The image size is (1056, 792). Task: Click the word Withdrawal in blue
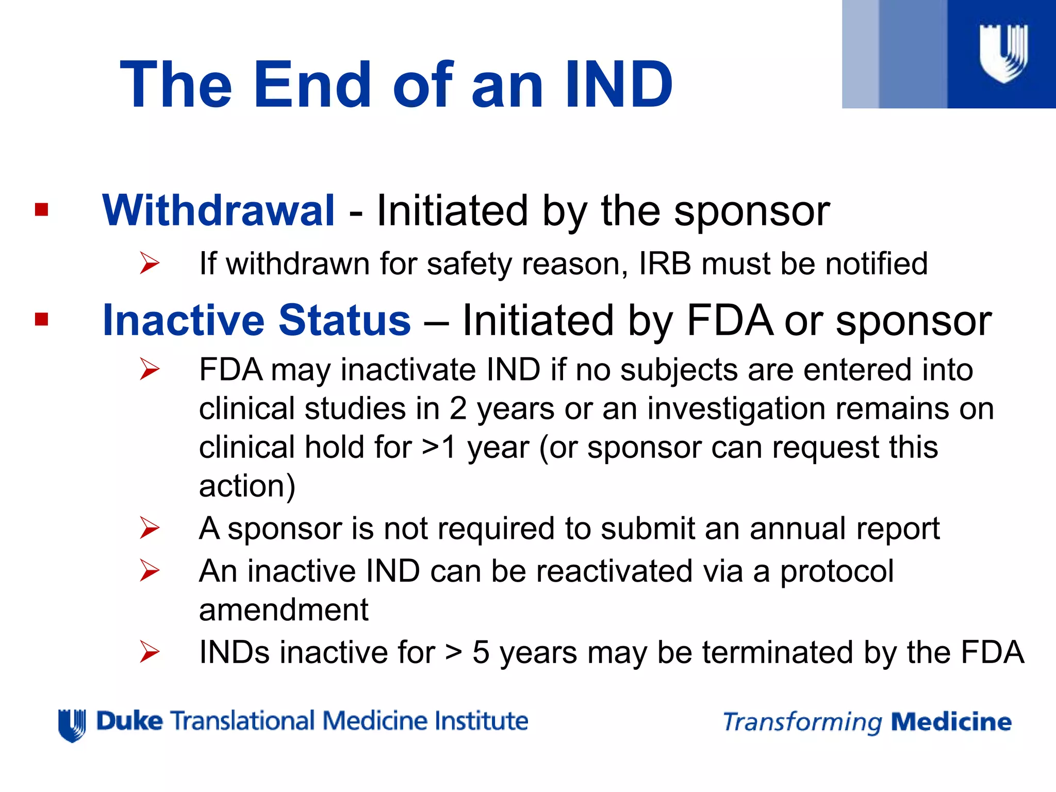(219, 210)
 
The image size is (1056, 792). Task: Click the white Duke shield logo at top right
(1003, 53)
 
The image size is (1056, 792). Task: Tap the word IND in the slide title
(619, 85)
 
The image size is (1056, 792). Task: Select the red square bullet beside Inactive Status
(41, 319)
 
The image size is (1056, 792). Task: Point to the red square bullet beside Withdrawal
(41, 209)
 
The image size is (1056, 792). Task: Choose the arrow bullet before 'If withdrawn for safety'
(150, 263)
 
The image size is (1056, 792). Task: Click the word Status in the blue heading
(344, 320)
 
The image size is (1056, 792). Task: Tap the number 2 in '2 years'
(457, 408)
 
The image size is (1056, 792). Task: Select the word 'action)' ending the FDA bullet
(247, 486)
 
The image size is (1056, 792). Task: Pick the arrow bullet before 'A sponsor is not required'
(150, 529)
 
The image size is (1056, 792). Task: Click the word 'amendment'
(284, 610)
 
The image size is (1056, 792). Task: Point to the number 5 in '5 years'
(481, 652)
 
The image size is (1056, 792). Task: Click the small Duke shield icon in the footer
(72, 725)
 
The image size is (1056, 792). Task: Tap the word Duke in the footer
(129, 721)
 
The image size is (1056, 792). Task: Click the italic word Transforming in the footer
(802, 722)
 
